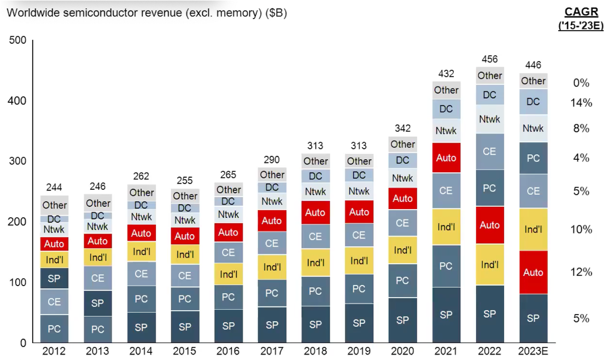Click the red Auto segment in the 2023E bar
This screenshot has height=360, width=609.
[533, 272]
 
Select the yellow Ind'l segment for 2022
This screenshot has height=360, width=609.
[489, 265]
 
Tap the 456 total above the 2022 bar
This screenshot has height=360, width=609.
[489, 59]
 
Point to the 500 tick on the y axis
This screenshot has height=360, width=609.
[18, 40]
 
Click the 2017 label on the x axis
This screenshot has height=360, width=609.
[272, 351]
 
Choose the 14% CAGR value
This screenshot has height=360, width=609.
[581, 103]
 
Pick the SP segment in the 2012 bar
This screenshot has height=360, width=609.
[54, 278]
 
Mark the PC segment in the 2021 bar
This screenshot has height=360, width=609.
[446, 266]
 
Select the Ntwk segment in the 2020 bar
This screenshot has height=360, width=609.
[402, 178]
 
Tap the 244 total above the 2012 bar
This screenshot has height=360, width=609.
[54, 187]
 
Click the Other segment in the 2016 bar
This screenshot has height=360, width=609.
[229, 189]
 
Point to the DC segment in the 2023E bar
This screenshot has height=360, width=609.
[533, 101]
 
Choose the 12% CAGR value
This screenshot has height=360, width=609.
[581, 272]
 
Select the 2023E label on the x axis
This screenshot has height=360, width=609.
[533, 351]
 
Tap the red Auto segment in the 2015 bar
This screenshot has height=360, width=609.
[185, 236]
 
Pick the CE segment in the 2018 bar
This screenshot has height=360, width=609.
[315, 236]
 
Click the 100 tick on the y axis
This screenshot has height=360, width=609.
[18, 282]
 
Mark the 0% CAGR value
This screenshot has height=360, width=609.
[581, 83]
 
